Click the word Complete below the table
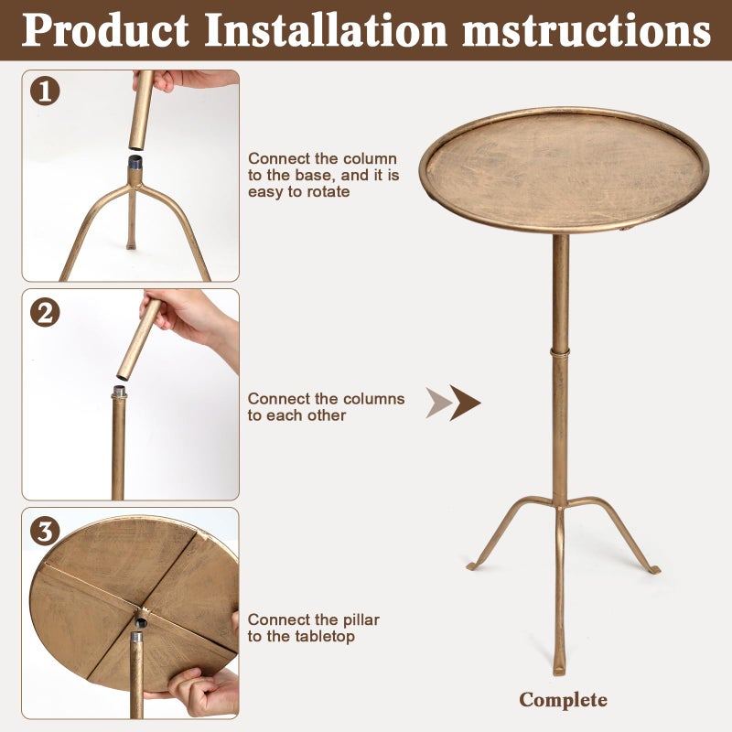(x=563, y=700)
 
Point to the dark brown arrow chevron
(x=465, y=403)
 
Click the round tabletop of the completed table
(x=564, y=169)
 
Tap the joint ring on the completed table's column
(x=559, y=350)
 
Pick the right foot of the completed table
(x=652, y=569)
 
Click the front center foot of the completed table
(x=558, y=668)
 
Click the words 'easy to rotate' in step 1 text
(x=298, y=192)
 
